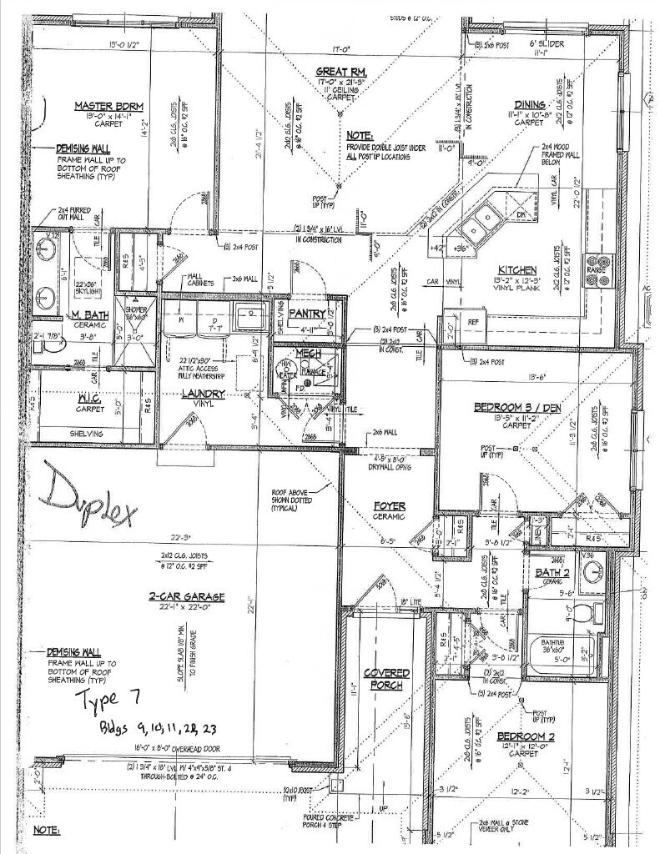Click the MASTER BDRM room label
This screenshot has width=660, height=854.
point(109,106)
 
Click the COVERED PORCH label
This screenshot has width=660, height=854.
point(386,678)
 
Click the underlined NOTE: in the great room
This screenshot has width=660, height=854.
point(360,135)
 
